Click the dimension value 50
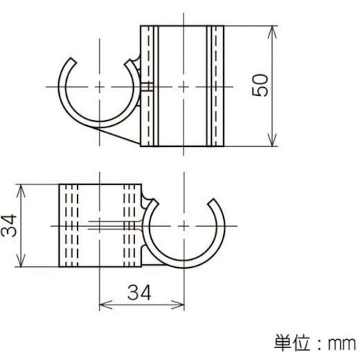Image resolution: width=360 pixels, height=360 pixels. point(261,86)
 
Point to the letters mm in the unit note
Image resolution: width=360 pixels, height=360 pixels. point(341,340)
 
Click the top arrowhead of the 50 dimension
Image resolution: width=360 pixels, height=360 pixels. point(273,30)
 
